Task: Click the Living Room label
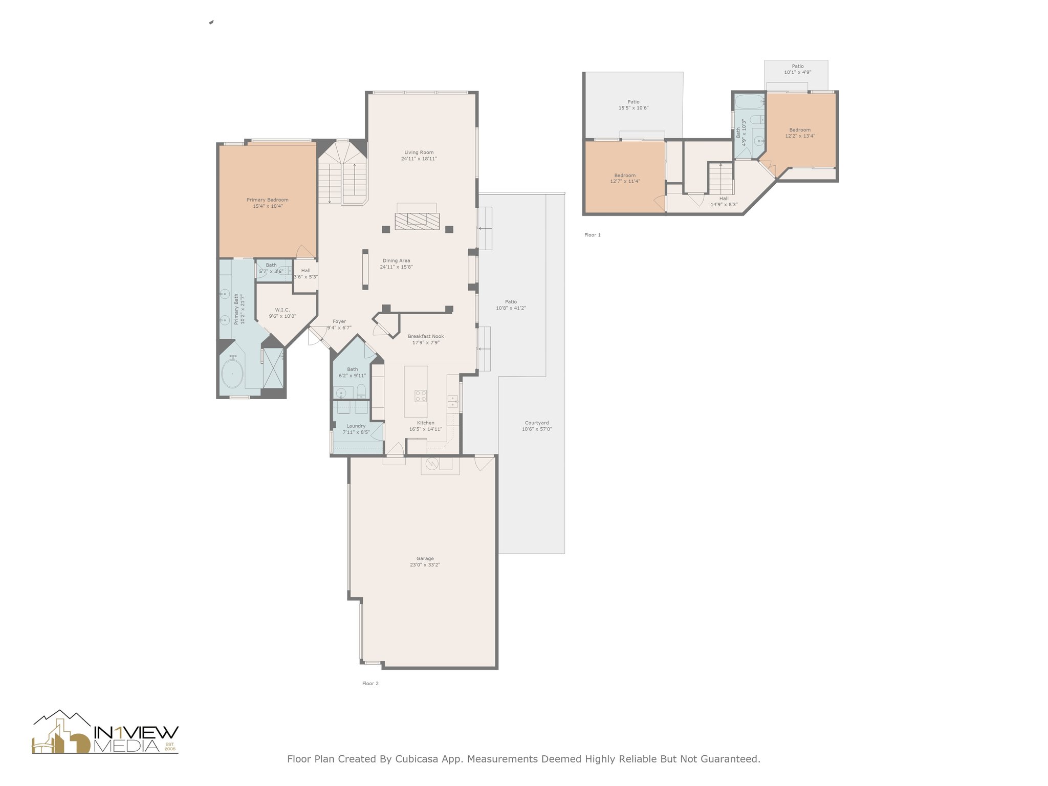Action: (419, 152)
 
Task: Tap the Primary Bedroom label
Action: (267, 200)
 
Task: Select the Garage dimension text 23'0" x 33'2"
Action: (425, 565)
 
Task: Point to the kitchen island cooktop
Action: (421, 396)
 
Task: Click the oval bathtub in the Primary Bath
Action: (232, 374)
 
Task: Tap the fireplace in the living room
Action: (417, 221)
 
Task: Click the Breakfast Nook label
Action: (426, 337)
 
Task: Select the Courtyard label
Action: (537, 423)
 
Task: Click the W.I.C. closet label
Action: (282, 310)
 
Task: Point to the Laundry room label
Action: (356, 426)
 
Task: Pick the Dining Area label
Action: (396, 261)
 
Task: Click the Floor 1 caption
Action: (593, 235)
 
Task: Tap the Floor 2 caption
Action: (370, 683)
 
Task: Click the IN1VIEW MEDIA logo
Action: (105, 732)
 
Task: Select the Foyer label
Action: (339, 322)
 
